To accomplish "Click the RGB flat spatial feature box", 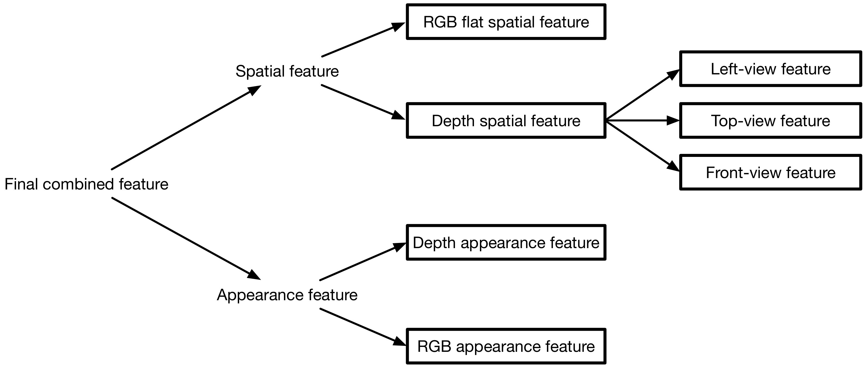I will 506,22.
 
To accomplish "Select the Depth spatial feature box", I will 506,121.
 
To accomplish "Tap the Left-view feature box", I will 770,69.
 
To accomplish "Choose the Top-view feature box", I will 770,121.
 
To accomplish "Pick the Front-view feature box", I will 770,173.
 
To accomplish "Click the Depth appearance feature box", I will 506,243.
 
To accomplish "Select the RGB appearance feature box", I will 506,346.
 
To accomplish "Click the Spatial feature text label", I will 287,71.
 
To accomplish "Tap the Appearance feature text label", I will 287,295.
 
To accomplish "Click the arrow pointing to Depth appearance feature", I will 362,262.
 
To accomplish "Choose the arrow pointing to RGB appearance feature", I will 362,327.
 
